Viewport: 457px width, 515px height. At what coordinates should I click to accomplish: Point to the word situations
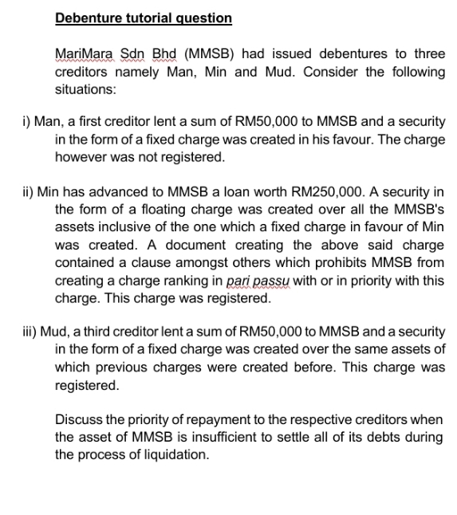pyautogui.click(x=85, y=89)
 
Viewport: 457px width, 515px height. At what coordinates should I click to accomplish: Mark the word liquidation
pyautogui.click(x=170, y=455)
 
